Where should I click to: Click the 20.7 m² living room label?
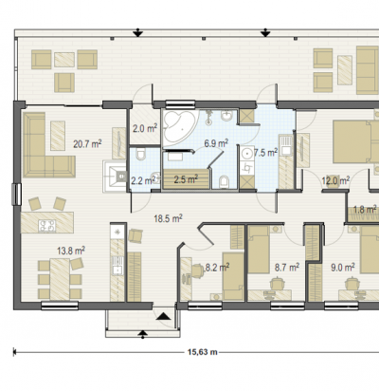(x=87, y=144)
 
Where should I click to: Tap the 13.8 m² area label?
(x=71, y=251)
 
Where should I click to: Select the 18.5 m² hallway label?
(x=168, y=218)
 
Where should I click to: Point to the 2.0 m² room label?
(x=145, y=129)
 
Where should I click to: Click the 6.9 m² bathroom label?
(x=216, y=143)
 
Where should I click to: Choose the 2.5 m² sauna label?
(x=186, y=179)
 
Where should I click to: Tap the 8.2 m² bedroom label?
(x=217, y=268)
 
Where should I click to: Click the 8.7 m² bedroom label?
(x=287, y=268)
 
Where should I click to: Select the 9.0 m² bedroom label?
(x=343, y=268)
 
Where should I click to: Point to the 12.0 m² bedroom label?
(x=335, y=180)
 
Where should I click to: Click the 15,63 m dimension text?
(x=203, y=352)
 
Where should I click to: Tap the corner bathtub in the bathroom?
(x=179, y=126)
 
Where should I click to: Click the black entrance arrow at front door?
(x=164, y=316)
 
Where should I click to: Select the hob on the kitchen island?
(x=47, y=226)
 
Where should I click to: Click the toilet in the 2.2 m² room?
(x=140, y=154)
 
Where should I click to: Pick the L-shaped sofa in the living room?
(x=47, y=145)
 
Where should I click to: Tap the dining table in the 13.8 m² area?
(x=60, y=279)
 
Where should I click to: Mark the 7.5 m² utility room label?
(x=265, y=153)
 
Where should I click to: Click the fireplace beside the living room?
(x=115, y=176)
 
